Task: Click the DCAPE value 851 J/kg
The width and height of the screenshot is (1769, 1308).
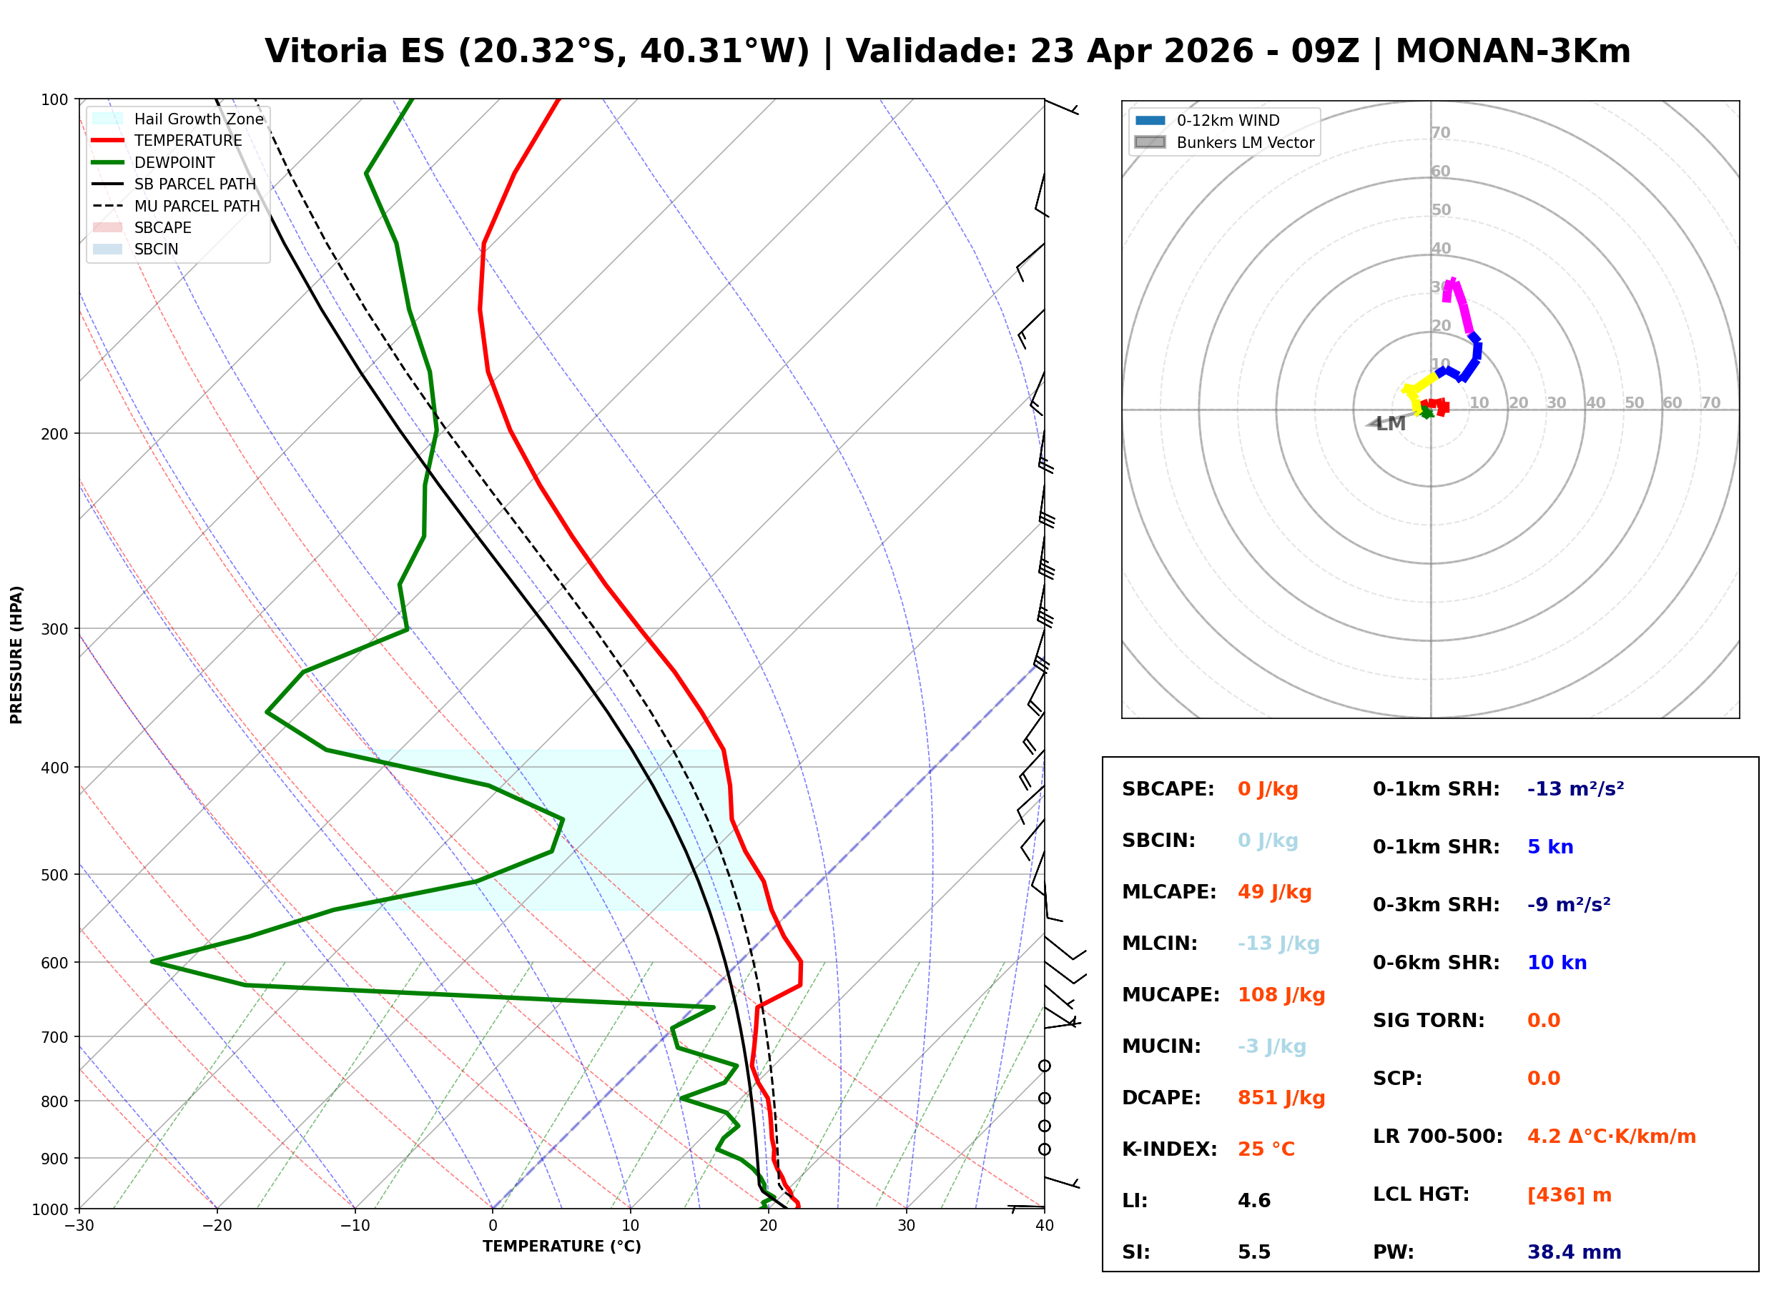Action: (1281, 1097)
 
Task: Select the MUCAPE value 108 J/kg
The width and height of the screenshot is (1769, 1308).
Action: (1281, 994)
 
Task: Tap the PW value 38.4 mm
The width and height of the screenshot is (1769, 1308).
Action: (1573, 1252)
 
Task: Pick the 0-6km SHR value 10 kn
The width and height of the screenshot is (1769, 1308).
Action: (1556, 962)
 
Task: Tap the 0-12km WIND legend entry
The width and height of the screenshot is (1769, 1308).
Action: (1228, 120)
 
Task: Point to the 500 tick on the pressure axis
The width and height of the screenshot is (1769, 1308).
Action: (54, 875)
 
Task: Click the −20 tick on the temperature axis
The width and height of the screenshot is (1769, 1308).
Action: (217, 1226)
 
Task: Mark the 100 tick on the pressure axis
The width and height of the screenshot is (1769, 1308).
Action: (54, 100)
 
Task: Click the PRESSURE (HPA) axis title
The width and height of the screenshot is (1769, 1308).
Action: (16, 654)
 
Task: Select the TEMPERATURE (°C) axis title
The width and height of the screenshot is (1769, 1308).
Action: (561, 1247)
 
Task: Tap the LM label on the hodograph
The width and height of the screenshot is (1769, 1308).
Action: (1391, 424)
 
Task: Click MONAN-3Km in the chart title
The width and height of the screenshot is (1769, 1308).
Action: (1512, 51)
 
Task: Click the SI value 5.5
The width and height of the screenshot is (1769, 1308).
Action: (1253, 1252)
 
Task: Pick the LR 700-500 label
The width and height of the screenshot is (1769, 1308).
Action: (1437, 1136)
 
